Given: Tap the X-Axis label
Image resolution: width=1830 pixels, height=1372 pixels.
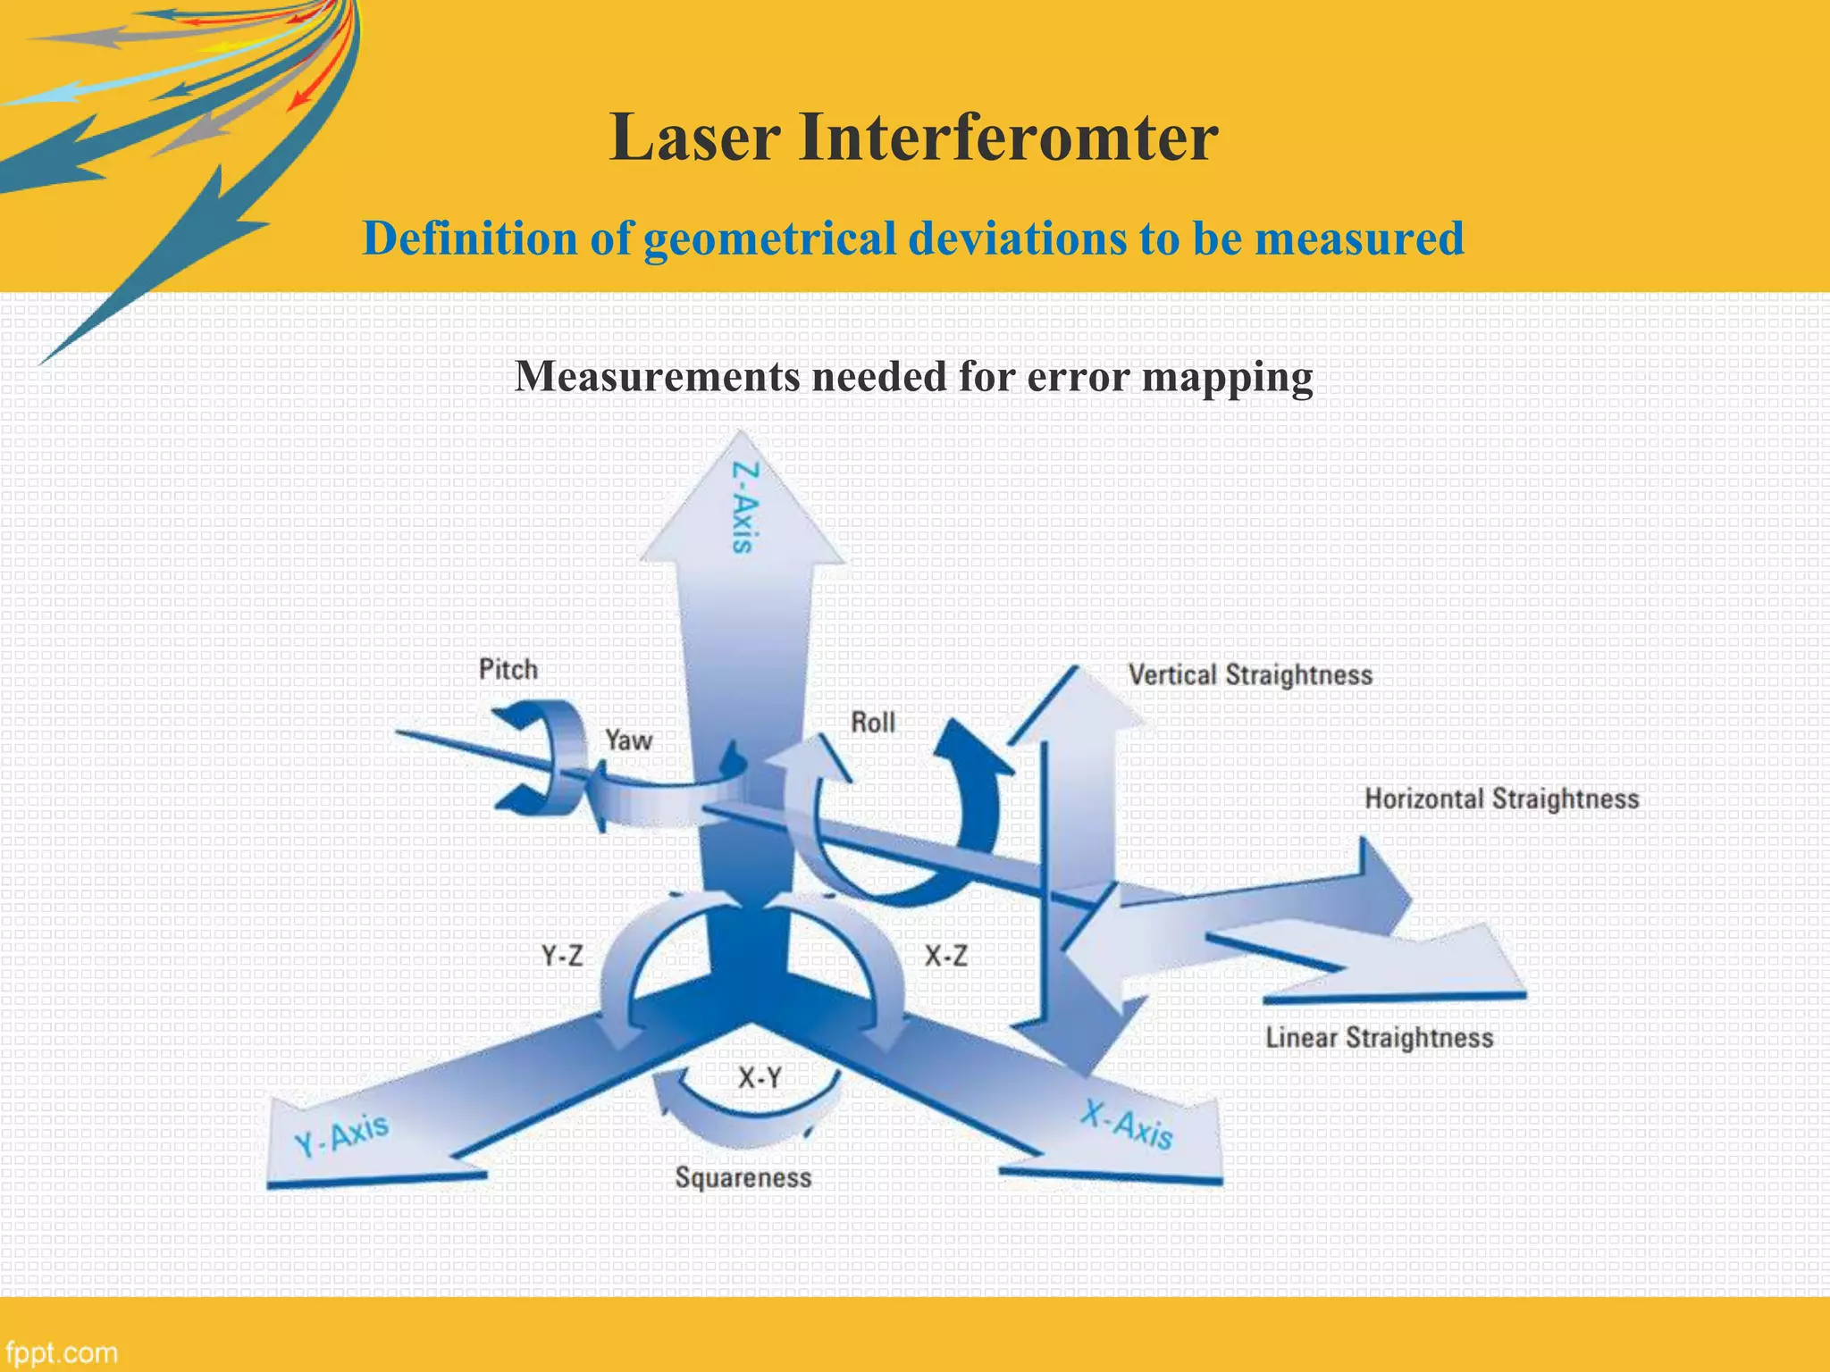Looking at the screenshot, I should click(x=1127, y=1124).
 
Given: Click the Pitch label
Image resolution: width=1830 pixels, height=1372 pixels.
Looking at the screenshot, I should click(x=508, y=669).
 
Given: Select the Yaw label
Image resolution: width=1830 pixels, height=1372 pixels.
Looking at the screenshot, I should click(x=628, y=740).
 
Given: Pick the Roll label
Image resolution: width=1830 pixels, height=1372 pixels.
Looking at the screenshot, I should click(x=872, y=722).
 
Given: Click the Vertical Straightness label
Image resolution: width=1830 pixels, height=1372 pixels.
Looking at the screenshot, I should click(x=1249, y=674).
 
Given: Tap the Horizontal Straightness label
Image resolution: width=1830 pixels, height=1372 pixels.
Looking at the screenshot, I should click(x=1501, y=799).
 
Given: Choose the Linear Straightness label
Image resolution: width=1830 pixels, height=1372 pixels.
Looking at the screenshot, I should click(x=1379, y=1038).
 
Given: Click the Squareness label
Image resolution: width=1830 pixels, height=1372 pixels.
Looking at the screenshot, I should click(x=743, y=1177).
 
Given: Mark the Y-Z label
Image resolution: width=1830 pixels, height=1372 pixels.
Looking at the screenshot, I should click(x=562, y=957).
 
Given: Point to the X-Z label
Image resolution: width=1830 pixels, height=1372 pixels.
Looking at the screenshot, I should click(x=945, y=957).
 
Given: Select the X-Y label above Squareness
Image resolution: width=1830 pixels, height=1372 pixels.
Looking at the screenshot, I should click(x=760, y=1078).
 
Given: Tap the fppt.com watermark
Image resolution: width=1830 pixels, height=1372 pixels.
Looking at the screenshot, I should click(x=61, y=1352).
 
